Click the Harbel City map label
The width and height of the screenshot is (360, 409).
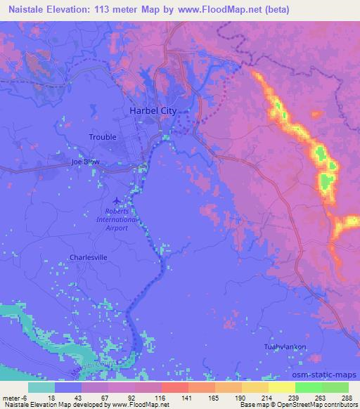click(x=153, y=111)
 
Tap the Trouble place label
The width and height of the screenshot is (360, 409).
click(x=103, y=137)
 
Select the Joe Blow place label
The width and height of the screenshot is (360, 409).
click(x=85, y=162)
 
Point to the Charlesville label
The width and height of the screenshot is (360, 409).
click(x=88, y=258)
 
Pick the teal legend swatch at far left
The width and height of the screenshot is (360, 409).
click(x=41, y=387)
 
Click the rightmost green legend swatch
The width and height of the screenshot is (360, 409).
click(x=335, y=387)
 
